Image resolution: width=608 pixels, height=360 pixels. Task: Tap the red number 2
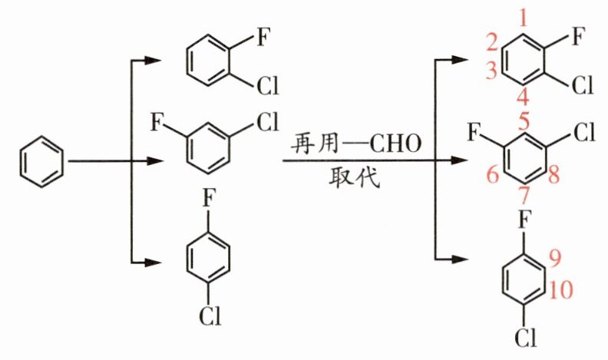[492, 41]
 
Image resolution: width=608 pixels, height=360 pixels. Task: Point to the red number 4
[523, 97]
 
